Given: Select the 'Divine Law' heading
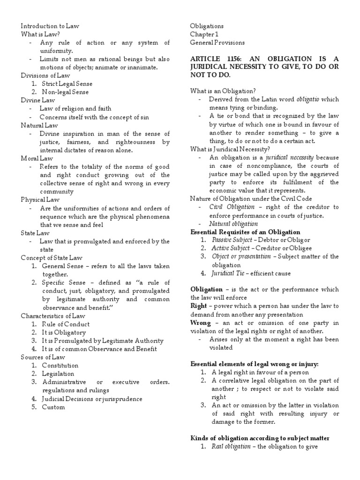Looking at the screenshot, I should point(38,100).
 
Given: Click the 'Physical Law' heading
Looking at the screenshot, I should point(40,200).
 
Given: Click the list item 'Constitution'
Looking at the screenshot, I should point(60,365).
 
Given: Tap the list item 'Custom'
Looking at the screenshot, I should point(53,407).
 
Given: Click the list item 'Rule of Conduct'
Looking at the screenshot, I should point(66,324).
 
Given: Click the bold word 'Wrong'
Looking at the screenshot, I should point(200,323).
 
